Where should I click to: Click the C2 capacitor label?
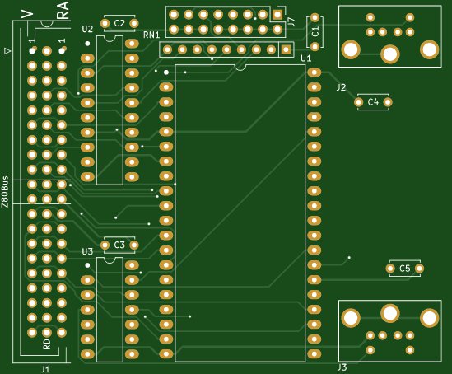point(119,23)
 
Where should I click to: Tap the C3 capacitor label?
point(119,245)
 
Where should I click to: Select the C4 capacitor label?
point(373,102)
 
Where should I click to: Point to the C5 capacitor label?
point(405,269)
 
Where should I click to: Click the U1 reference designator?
point(305,58)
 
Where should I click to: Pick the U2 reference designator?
point(87,29)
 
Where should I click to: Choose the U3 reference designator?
point(87,251)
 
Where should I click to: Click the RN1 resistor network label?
point(151,35)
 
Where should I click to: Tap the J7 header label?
point(291,22)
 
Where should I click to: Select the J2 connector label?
point(341,87)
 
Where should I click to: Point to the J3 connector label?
point(342,367)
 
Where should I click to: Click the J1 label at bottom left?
point(45,369)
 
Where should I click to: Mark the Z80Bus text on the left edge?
point(5,191)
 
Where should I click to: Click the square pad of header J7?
point(277,15)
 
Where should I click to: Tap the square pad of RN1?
point(286,49)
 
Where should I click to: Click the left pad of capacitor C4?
point(359,102)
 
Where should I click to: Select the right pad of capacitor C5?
point(419,269)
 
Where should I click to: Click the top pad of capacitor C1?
point(315,17)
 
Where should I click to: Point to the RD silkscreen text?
point(47,344)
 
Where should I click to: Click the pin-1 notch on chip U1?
point(240,68)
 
